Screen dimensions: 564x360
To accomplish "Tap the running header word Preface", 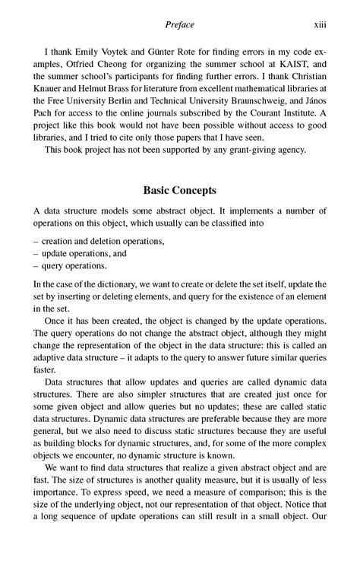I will click(x=180, y=25).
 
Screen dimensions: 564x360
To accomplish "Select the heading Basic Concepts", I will click(x=179, y=190).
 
